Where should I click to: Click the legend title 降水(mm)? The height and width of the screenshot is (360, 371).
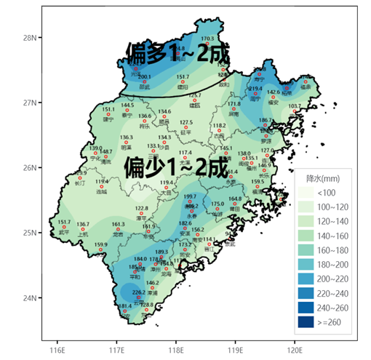pyautogui.click(x=319, y=178)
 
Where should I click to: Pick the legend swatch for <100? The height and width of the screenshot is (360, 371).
pyautogui.click(x=306, y=192)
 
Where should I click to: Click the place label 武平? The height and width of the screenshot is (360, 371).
pyautogui.click(x=64, y=232)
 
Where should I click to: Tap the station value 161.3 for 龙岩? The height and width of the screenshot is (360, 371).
pyautogui.click(x=118, y=225)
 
